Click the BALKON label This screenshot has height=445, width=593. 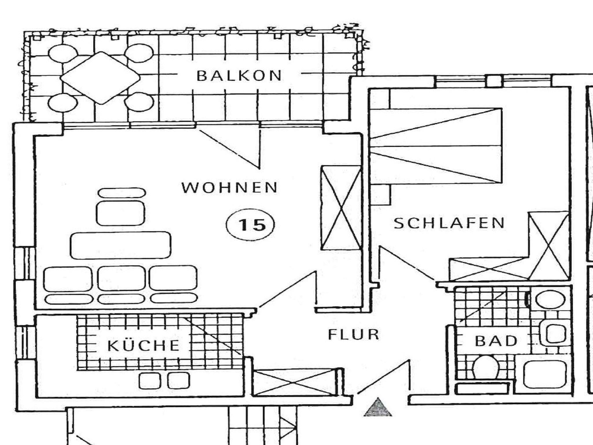coord(239,76)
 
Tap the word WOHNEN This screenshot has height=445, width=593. coord(229,188)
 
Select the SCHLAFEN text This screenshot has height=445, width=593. coord(449,223)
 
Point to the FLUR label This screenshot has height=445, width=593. coord(354,334)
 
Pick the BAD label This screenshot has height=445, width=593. coord(496,341)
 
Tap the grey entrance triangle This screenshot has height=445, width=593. coord(378,408)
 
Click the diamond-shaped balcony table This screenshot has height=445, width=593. coord(100,78)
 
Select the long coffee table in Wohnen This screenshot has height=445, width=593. coord(120,245)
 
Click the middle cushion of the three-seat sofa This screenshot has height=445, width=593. coord(121,278)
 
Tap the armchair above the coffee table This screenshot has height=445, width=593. coord(120,213)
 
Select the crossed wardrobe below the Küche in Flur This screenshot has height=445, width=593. coord(294,383)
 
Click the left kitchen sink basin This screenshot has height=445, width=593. coord(149,381)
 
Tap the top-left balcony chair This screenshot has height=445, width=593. coord(63,53)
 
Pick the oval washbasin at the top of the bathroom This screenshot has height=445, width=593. coord(550,299)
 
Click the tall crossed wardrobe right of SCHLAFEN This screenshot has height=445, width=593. coord(548,246)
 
